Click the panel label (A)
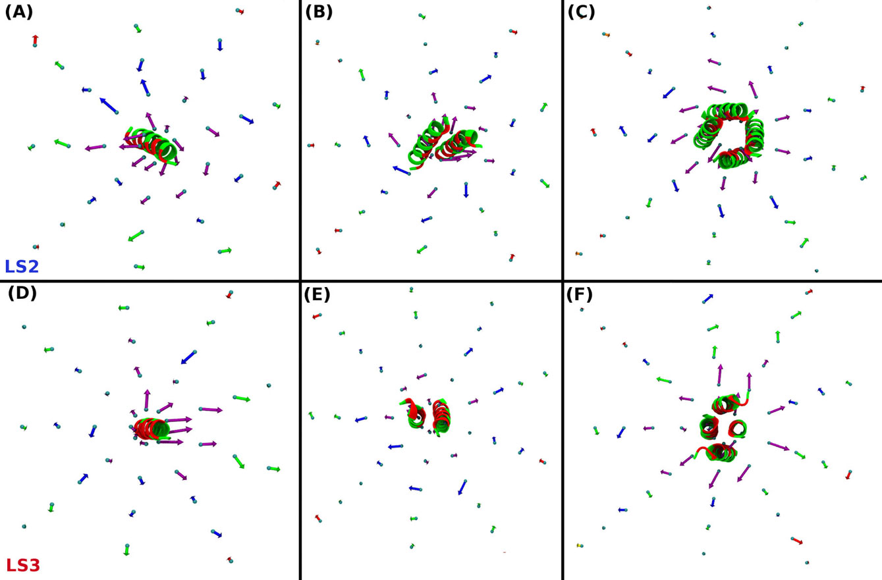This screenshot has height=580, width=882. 18,13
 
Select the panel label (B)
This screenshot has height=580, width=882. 319,12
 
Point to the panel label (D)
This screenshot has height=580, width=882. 22,294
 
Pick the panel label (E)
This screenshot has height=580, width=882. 317,294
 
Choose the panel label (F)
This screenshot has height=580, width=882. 580,294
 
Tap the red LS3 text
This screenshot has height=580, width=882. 23,565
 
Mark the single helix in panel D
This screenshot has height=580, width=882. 152,429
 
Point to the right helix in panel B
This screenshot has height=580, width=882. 460,145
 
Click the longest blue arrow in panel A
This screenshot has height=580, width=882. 110,105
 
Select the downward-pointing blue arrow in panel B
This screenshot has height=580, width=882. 466,190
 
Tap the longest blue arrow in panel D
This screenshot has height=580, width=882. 188,357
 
